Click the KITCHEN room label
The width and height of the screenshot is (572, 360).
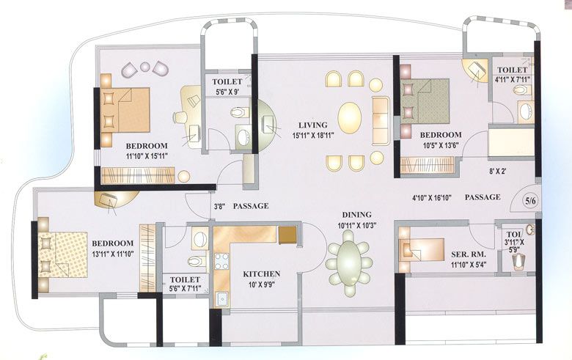[x=261, y=274]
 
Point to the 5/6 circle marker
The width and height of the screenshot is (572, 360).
[x=530, y=198]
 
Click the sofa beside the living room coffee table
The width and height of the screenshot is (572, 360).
[x=381, y=120]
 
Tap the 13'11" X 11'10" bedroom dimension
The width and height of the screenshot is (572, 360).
[x=112, y=254]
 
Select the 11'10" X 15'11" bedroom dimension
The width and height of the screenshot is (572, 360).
[x=147, y=156]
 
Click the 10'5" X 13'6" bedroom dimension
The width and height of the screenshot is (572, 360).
[x=440, y=145]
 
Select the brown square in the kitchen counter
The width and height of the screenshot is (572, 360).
[x=287, y=234]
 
